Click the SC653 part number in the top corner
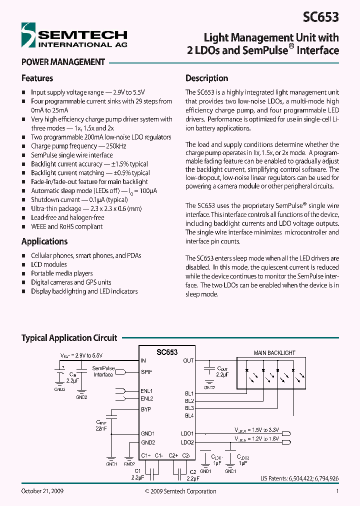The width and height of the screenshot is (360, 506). point(321,17)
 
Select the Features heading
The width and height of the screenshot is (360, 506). point(37,78)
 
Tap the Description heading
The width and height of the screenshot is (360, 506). point(206,78)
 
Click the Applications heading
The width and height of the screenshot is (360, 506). point(44,241)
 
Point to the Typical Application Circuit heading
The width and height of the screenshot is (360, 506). point(69,338)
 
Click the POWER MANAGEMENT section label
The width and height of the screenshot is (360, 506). point(63,62)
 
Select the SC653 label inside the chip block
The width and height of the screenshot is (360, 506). point(166,352)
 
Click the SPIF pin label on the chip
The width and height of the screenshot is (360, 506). point(146,372)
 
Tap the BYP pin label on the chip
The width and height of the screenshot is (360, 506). point(146,409)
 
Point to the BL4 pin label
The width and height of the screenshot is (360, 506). point(189,415)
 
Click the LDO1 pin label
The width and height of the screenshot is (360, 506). point(187,433)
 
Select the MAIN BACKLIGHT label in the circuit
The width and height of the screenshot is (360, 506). point(274,353)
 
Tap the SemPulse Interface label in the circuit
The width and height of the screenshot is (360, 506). point(103,371)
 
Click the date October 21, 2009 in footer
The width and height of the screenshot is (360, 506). point(42,491)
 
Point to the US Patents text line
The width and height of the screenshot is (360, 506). point(299,478)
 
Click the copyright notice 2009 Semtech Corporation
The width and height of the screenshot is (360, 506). point(180,491)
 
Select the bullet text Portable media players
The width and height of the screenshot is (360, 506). point(61,273)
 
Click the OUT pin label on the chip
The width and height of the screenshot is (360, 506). point(188,360)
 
